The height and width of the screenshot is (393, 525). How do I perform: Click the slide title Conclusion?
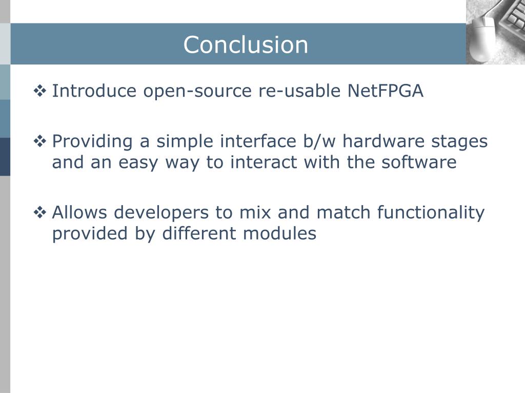(246, 45)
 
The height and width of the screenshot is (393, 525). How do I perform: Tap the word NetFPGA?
(386, 91)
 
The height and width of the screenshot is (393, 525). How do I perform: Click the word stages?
(461, 142)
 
